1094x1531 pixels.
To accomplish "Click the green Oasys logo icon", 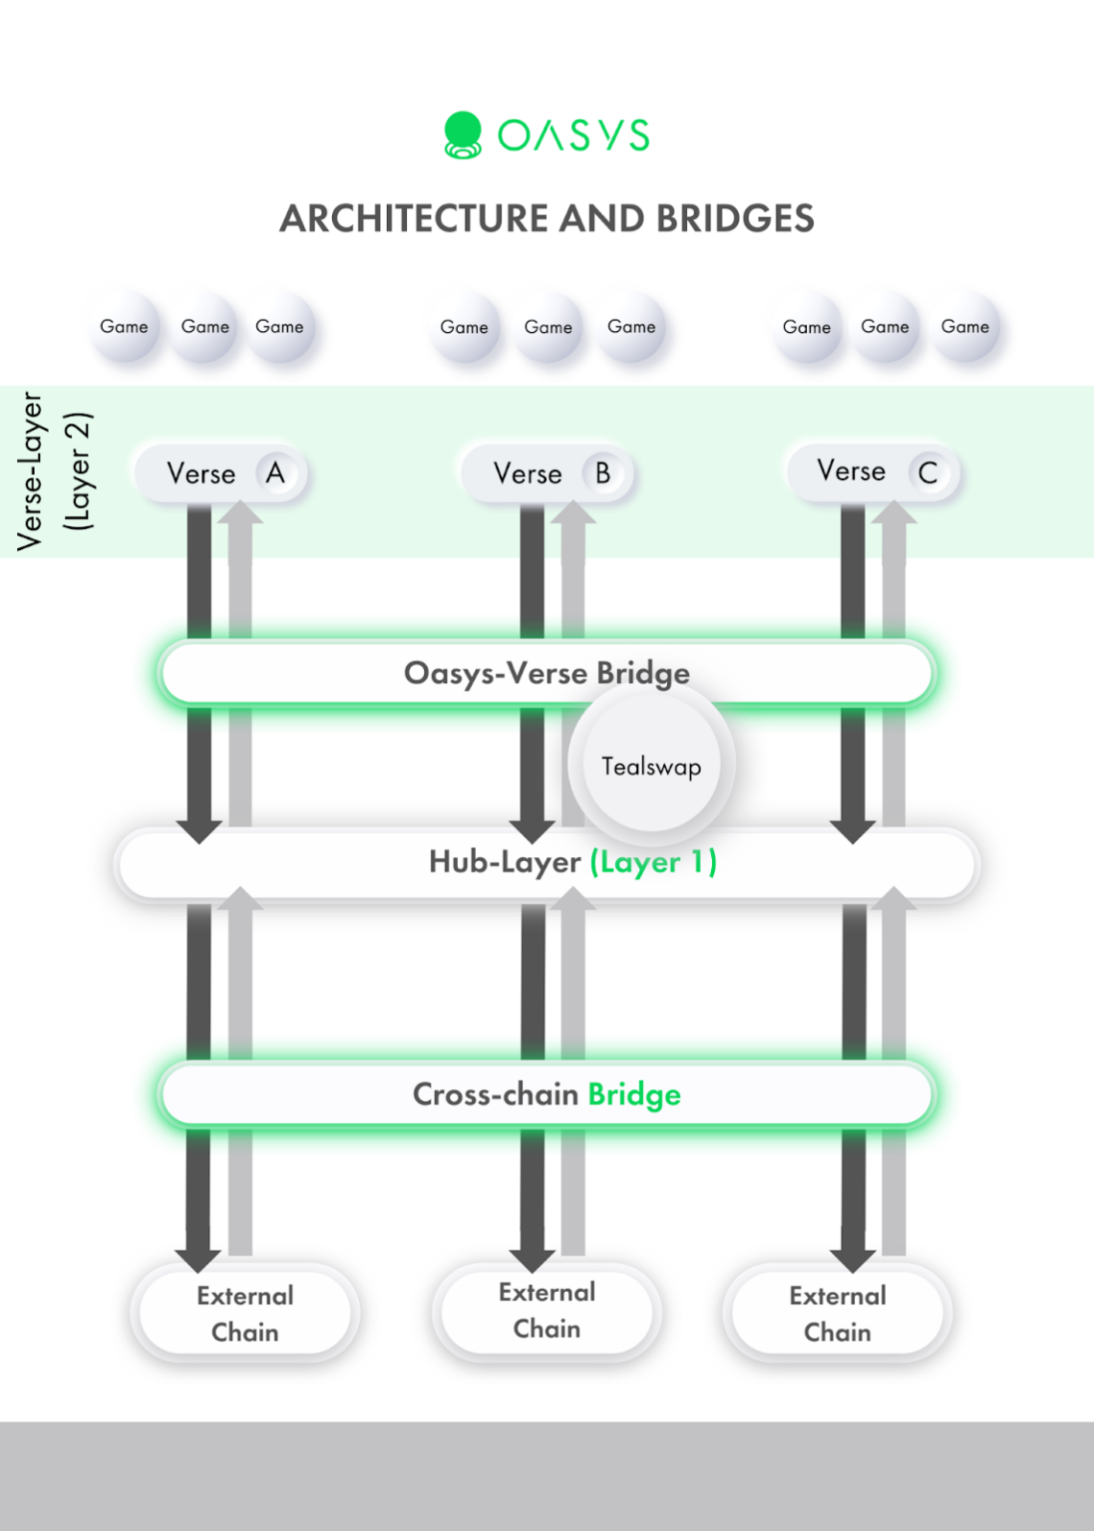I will tap(463, 135).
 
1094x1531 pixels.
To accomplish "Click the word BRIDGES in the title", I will tap(735, 218).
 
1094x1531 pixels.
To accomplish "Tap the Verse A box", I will tap(220, 473).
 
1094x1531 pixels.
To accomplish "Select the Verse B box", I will tap(547, 473).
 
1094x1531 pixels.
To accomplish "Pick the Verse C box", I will tap(874, 471).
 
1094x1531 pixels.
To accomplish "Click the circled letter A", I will tap(275, 472).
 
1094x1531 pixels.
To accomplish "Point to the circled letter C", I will tap(927, 472).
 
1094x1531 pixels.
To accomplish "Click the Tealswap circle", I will tap(651, 765).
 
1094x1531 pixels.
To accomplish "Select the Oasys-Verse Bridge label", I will tap(547, 673).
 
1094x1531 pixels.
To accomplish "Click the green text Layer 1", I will tap(654, 861).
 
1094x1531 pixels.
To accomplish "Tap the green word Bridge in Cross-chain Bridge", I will tap(634, 1094).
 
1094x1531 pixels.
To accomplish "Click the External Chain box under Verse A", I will tap(245, 1313).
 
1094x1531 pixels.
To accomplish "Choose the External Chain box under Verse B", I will tap(547, 1310).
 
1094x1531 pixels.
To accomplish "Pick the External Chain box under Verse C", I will tap(838, 1313).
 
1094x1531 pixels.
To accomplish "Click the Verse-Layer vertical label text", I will tap(31, 470).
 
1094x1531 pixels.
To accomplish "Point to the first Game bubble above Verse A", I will tap(125, 327).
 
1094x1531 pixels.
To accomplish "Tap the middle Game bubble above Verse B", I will tap(548, 327).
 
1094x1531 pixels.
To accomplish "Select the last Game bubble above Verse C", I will tap(965, 327).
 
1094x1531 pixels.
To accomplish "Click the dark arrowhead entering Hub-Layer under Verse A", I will tap(199, 830).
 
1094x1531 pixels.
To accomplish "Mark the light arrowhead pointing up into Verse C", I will tap(894, 512).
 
